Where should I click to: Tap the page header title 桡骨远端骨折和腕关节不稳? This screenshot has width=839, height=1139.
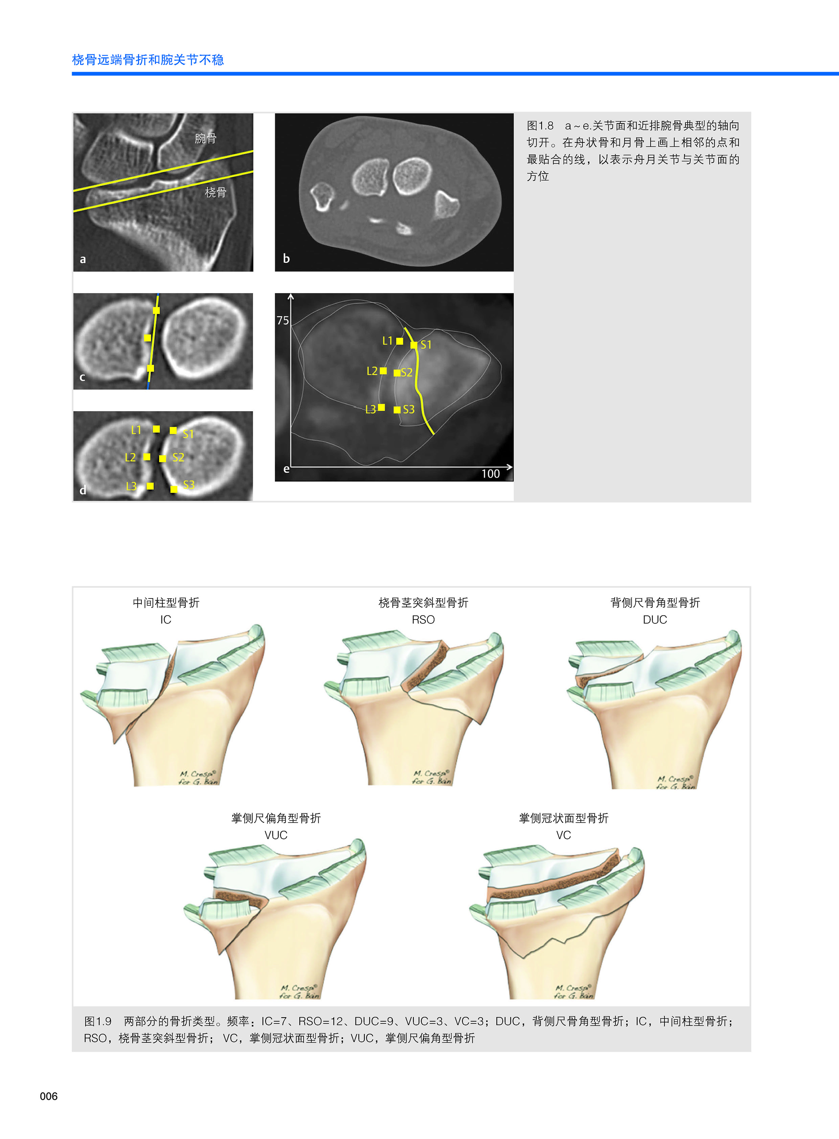point(148,60)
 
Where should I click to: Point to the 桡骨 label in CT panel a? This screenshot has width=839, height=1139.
point(216,192)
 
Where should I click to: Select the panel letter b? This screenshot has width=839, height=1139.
point(287,259)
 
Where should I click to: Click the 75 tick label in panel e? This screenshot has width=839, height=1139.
point(283,320)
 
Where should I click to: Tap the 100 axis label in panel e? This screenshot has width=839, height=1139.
point(490,473)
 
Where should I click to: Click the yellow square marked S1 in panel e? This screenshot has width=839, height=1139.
point(414,345)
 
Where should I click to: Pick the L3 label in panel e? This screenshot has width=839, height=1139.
point(371,409)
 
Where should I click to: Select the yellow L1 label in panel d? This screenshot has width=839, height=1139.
point(136,430)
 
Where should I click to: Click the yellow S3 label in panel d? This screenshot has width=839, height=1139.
point(189,485)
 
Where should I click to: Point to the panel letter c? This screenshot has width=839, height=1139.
point(82,377)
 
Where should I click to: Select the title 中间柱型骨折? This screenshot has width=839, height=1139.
point(166,603)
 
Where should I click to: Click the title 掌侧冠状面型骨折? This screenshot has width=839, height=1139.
point(563,818)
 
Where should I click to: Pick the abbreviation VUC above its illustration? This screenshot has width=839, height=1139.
point(276,835)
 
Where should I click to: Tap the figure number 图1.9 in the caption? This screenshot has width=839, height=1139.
point(97,1021)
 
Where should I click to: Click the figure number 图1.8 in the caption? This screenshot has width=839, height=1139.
point(540,126)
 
